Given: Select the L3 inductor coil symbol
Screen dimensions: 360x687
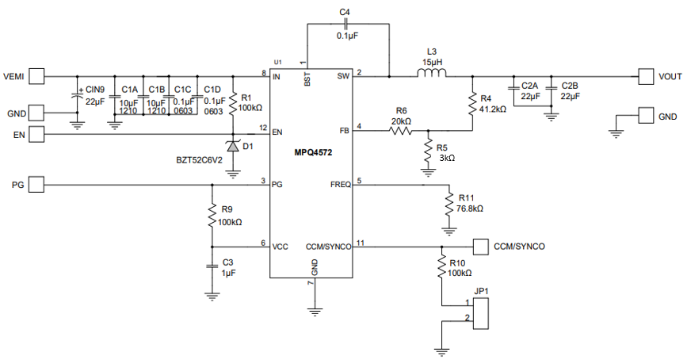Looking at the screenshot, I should [432, 76].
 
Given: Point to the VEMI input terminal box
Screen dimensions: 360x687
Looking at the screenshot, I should [36, 76].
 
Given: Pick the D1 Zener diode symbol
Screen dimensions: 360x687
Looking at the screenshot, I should [233, 146].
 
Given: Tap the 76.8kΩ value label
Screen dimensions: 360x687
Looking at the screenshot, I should [470, 209].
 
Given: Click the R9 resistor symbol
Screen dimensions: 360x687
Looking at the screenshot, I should [212, 214].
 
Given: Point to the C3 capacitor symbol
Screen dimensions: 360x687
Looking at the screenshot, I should [212, 266].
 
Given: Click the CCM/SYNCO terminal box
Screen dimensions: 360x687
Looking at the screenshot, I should [479, 245].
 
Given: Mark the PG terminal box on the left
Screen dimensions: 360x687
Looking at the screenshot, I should [36, 185].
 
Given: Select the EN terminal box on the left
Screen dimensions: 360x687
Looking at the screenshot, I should [36, 133].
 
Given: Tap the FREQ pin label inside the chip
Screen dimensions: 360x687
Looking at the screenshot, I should [340, 185].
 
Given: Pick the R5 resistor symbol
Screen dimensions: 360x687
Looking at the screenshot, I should [428, 151].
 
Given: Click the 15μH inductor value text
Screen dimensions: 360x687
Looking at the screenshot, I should [433, 62].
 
